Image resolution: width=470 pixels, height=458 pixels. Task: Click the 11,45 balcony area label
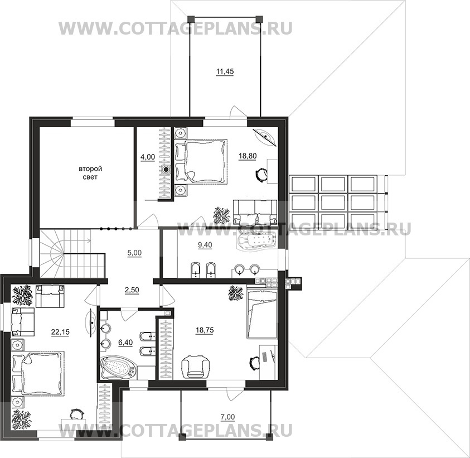[225, 71]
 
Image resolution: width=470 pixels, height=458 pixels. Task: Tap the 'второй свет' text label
[90, 173]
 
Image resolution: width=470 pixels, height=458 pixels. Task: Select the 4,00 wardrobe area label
[148, 157]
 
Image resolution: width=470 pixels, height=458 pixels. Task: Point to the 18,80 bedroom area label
[248, 156]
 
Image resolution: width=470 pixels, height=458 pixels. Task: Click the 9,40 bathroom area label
[205, 245]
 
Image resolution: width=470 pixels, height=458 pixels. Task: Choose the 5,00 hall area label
[134, 253]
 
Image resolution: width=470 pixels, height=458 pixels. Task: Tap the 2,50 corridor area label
[132, 290]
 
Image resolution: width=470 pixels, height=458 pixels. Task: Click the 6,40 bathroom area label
[125, 342]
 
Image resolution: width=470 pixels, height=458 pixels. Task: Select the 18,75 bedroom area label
[205, 330]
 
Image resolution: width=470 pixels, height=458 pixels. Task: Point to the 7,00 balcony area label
[228, 417]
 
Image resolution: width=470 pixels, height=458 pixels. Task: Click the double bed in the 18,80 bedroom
[200, 161]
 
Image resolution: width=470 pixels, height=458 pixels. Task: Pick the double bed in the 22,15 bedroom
[38, 373]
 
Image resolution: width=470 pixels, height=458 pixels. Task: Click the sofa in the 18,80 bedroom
[255, 212]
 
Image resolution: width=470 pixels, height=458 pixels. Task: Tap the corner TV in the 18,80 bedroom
[265, 137]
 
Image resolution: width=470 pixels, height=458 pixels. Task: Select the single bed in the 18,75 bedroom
[262, 313]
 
